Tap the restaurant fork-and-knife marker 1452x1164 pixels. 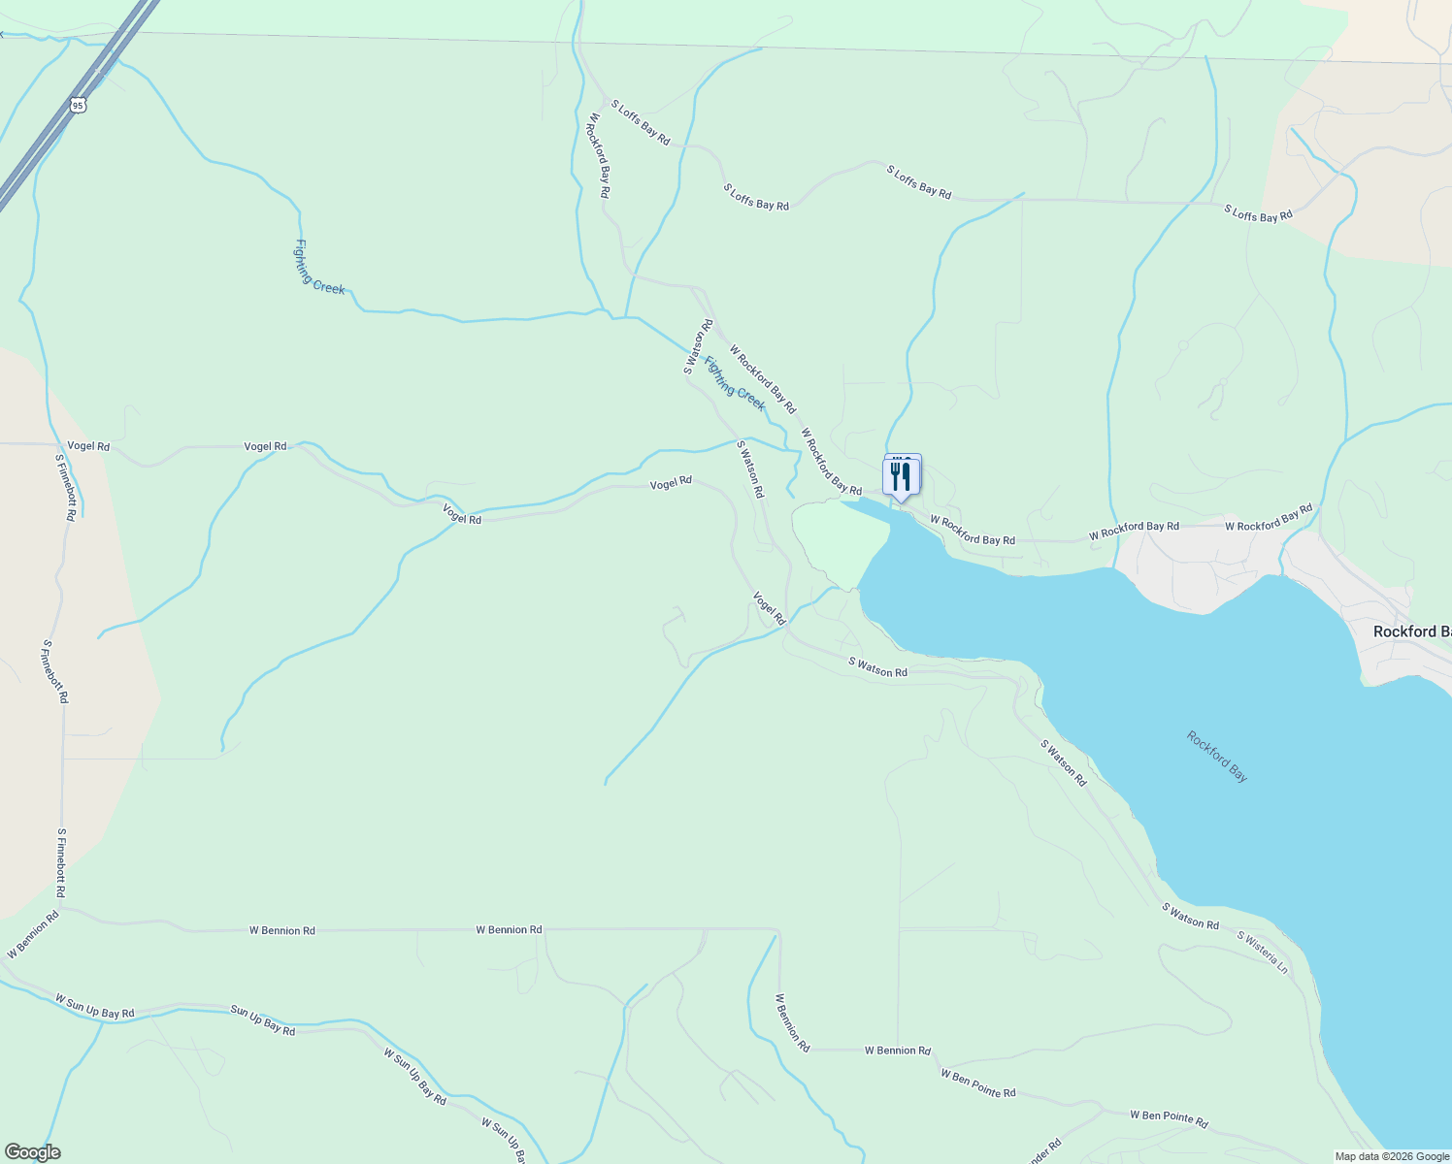click(901, 476)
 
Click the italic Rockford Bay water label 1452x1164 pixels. click(1216, 757)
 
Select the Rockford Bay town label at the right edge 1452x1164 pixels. click(1412, 631)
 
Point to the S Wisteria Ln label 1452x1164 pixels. click(1262, 953)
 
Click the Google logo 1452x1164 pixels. click(32, 1152)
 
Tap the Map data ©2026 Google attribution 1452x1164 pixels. click(1392, 1156)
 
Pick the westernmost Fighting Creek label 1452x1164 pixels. click(319, 267)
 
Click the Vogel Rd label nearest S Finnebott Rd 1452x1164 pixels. click(88, 446)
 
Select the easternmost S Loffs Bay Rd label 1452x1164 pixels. click(1258, 213)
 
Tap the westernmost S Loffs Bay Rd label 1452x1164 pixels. click(641, 122)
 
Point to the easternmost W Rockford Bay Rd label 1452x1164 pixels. click(1269, 518)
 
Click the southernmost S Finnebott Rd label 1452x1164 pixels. click(60, 862)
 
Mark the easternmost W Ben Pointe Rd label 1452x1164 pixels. click(1169, 1119)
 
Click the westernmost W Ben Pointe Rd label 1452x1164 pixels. click(977, 1083)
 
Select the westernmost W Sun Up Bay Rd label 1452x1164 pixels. click(95, 1006)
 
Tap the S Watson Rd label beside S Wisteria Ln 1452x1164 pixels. click(1190, 917)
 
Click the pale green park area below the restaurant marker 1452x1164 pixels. click(841, 541)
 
